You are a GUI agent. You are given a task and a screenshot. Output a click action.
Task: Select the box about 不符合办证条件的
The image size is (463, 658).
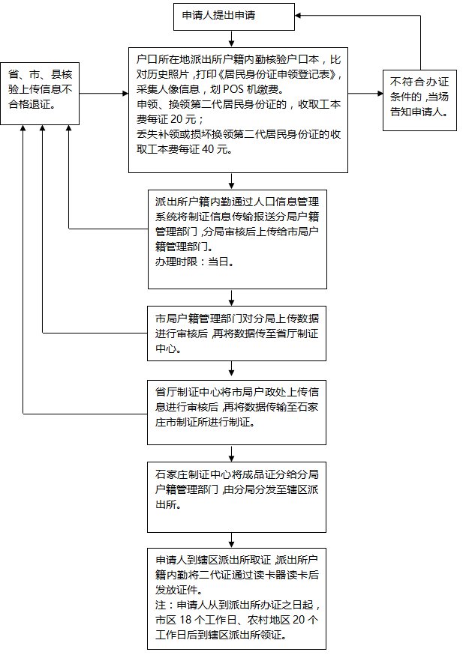tap(419, 95)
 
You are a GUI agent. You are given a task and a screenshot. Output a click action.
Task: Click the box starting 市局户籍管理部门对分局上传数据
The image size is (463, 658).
tap(236, 330)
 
